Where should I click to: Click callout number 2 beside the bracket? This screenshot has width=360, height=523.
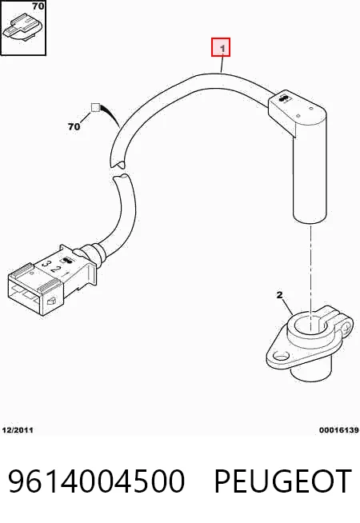279,295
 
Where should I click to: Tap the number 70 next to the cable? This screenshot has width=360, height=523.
74,126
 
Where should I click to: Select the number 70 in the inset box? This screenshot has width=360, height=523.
38,6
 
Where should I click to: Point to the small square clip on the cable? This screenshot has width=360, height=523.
95,107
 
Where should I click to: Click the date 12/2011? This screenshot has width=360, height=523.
18,430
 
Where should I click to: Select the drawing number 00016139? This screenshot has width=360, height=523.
338,430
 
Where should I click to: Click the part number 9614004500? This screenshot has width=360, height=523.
97,481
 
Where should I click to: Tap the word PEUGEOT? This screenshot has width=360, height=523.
283,481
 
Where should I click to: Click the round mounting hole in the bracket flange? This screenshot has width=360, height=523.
281,356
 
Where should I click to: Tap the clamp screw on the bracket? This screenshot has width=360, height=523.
348,325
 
